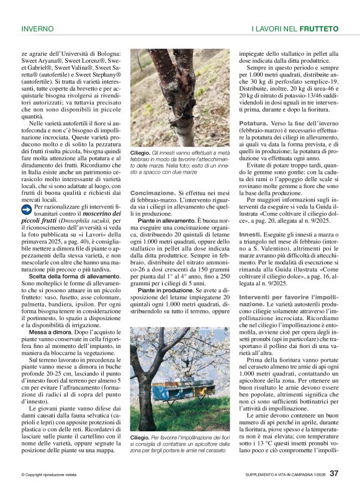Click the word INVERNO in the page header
pos(38,29)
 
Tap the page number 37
pos(334,473)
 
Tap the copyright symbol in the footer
pos(23,475)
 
